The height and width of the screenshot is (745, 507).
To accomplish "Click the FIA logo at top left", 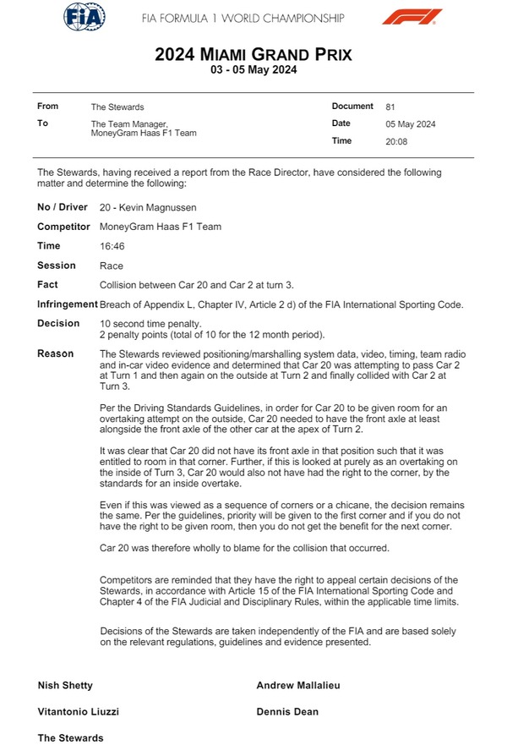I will click(84, 16).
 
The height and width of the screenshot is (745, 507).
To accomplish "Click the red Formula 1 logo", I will click(412, 16).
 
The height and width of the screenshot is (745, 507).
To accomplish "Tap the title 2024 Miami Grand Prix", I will click(253, 55).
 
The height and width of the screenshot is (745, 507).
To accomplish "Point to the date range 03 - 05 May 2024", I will click(253, 71).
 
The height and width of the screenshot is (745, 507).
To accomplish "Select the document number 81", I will click(390, 107).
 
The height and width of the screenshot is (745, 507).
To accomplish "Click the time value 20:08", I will click(396, 141).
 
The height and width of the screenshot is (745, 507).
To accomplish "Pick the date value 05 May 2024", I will click(411, 124).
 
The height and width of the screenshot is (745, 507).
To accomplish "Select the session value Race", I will click(112, 266).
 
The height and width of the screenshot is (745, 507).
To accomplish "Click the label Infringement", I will click(68, 304).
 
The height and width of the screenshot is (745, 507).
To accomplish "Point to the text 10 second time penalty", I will click(150, 324).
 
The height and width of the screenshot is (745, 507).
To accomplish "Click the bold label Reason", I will click(56, 353).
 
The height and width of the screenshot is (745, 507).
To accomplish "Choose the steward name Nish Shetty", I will click(65, 685).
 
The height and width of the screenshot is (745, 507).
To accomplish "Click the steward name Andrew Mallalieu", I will click(298, 685).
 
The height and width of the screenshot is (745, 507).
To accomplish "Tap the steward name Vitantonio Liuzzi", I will click(79, 712).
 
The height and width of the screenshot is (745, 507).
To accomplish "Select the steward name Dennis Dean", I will click(287, 712).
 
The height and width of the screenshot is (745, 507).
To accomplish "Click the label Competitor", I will click(64, 227).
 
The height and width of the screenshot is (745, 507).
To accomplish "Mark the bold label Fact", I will click(47, 285).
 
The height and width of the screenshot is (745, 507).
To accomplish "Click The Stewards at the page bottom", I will click(70, 738).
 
